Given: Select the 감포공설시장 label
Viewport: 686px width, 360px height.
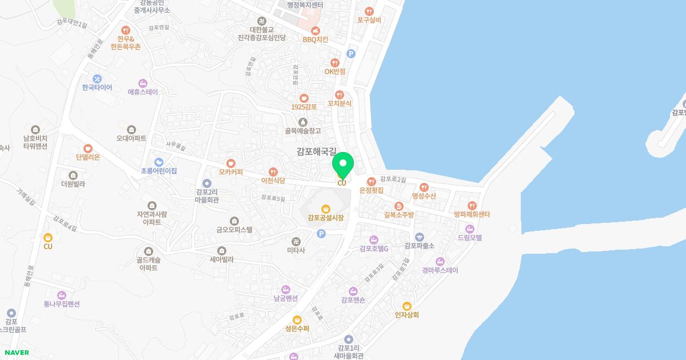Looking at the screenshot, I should click(325, 218).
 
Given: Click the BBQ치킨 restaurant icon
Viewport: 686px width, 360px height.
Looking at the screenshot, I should click(315, 30).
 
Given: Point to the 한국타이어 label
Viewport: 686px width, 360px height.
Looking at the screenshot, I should click(97, 88).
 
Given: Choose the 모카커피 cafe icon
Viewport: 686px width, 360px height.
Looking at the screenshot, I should click(231, 163).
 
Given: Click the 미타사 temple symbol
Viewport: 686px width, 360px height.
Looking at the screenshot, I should click(296, 241).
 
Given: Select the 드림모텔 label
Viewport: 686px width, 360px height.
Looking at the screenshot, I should click(470, 238).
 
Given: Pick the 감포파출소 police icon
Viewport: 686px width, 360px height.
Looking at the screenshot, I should click(420, 237).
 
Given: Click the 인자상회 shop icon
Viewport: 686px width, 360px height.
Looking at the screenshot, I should click(407, 306).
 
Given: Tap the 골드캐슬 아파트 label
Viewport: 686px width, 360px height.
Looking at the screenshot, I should click(149, 263).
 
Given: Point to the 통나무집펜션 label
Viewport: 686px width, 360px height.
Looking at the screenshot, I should click(62, 304).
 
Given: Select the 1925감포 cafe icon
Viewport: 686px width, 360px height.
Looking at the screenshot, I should click(304, 98).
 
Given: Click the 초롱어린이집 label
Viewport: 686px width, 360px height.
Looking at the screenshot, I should click(159, 171).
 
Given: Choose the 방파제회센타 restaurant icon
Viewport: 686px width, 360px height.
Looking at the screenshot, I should click(472, 205).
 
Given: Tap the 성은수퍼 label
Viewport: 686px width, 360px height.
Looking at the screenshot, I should click(297, 329).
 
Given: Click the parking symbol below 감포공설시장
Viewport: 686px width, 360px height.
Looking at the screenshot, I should click(321, 233).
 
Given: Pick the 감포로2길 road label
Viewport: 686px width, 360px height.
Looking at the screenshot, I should click(393, 179).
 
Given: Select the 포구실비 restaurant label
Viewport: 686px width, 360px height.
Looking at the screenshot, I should click(369, 20).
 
